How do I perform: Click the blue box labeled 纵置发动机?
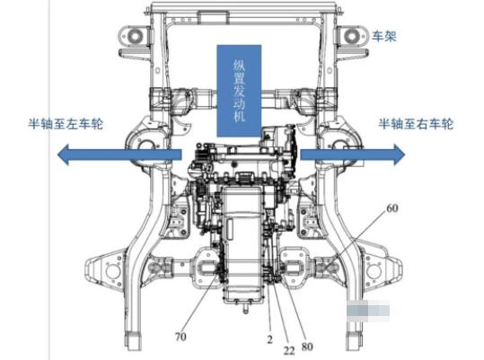(239, 91)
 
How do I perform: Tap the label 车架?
(383, 36)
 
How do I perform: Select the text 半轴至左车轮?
(66, 124)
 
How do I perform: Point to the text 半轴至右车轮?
(416, 124)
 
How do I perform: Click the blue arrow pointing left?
(119, 154)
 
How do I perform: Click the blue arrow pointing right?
(353, 154)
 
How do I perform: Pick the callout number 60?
(392, 208)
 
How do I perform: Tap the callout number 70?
(180, 337)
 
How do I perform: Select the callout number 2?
(270, 339)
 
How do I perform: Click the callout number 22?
(289, 350)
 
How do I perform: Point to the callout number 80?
(307, 347)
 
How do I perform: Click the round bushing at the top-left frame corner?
(135, 36)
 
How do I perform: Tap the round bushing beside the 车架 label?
(352, 36)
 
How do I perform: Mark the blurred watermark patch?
(368, 310)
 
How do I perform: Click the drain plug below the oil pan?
(246, 309)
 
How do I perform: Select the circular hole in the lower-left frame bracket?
(113, 272)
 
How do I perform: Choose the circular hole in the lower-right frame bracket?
(374, 272)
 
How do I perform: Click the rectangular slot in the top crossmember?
(214, 17)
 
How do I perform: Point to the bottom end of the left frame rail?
(132, 342)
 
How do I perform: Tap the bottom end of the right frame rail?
(354, 342)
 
